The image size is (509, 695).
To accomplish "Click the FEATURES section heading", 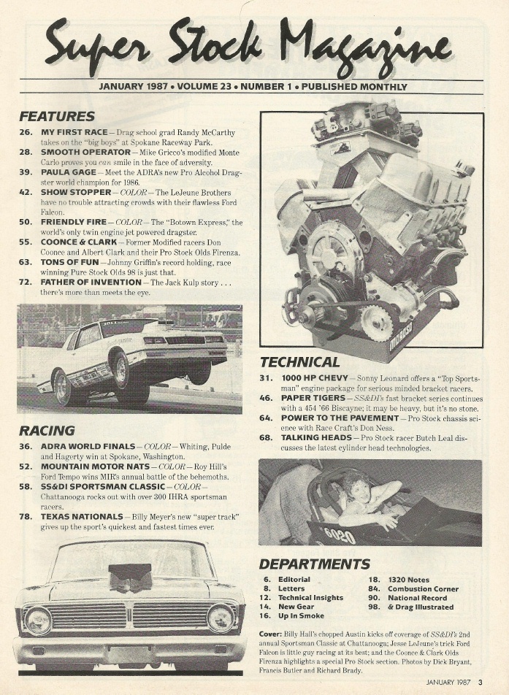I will click(x=57, y=116).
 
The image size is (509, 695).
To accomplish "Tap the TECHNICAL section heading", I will click(x=299, y=362).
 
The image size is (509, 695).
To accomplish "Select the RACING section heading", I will click(x=47, y=431).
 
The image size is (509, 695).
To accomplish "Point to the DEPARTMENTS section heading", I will click(x=314, y=564).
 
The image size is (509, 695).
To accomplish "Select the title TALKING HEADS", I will click(x=315, y=437).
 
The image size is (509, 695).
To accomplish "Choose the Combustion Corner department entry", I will click(x=423, y=588).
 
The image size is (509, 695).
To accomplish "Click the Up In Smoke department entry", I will click(x=301, y=615).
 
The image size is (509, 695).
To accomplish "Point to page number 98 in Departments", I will click(x=374, y=607).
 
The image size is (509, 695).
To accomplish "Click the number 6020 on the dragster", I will click(x=340, y=535).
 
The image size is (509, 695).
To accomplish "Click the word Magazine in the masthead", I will click(x=364, y=45).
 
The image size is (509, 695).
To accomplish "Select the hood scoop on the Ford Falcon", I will click(x=129, y=577).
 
